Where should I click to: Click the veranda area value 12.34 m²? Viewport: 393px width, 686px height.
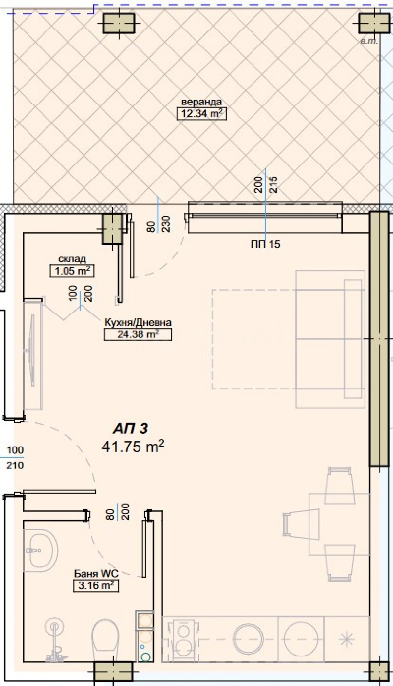tap(201, 114)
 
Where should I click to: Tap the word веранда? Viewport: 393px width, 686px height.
tap(201, 102)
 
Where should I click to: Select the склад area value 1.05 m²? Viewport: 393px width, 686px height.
tap(72, 271)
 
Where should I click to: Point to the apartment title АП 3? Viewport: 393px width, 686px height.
tap(130, 429)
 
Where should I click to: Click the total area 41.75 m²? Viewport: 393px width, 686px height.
tap(133, 447)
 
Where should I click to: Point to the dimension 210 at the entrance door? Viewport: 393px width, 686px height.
tap(15, 465)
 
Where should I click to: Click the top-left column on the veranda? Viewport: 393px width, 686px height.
tap(119, 23)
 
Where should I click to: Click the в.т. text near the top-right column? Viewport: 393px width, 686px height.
tap(369, 42)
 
